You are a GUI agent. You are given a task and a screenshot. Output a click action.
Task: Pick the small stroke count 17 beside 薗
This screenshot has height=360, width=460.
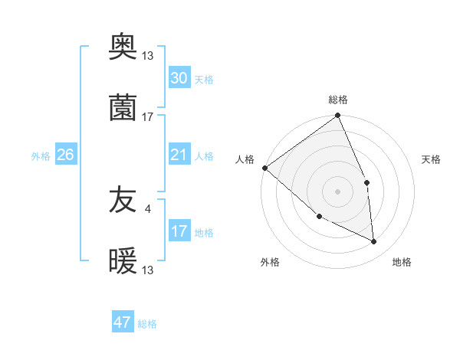pyautogui.click(x=148, y=116)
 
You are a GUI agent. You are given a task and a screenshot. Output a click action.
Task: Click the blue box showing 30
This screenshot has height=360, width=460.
pyautogui.click(x=179, y=78)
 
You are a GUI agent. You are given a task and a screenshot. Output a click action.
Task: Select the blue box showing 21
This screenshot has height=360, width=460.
pyautogui.click(x=179, y=155)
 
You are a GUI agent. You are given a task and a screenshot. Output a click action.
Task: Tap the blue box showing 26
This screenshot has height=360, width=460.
pyautogui.click(x=65, y=155)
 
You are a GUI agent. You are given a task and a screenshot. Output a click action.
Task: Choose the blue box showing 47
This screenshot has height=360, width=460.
pyautogui.click(x=123, y=322)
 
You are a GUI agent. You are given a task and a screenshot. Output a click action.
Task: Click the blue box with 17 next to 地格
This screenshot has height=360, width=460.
pyautogui.click(x=179, y=231)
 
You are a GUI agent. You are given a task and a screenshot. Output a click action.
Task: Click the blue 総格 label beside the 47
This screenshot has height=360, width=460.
pyautogui.click(x=148, y=324)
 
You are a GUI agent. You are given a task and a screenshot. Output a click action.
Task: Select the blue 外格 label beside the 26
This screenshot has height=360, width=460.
pyautogui.click(x=41, y=156)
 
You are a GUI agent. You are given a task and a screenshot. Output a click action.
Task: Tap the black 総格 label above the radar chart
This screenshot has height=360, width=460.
pyautogui.click(x=338, y=100)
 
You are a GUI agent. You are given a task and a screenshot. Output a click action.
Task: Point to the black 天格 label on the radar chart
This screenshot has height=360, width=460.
pyautogui.click(x=431, y=159)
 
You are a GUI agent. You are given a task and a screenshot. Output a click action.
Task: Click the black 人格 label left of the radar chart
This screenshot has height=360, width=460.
pyautogui.click(x=245, y=159)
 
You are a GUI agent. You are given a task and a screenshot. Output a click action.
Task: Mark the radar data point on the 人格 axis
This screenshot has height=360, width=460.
pyautogui.click(x=264, y=168)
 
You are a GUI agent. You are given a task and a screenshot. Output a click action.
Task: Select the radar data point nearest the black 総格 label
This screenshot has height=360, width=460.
pyautogui.click(x=338, y=116)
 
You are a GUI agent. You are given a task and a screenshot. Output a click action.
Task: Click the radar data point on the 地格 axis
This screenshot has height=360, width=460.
pyautogui.click(x=374, y=242)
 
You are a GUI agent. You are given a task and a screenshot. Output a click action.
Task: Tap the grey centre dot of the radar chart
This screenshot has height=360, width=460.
pyautogui.click(x=338, y=191)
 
